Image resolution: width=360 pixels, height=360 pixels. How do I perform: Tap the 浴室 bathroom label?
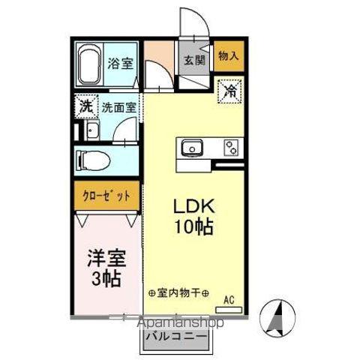click(x=121, y=64)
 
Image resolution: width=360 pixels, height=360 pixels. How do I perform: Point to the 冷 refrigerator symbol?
click(x=230, y=92)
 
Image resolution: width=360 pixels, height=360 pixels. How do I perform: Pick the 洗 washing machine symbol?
click(x=85, y=106)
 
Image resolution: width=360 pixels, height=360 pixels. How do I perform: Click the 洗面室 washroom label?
click(x=119, y=107)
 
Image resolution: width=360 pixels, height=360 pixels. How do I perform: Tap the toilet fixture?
click(x=94, y=160)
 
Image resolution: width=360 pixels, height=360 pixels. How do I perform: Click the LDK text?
click(x=196, y=205)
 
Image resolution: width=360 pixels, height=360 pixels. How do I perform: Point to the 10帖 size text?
click(x=196, y=226)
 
